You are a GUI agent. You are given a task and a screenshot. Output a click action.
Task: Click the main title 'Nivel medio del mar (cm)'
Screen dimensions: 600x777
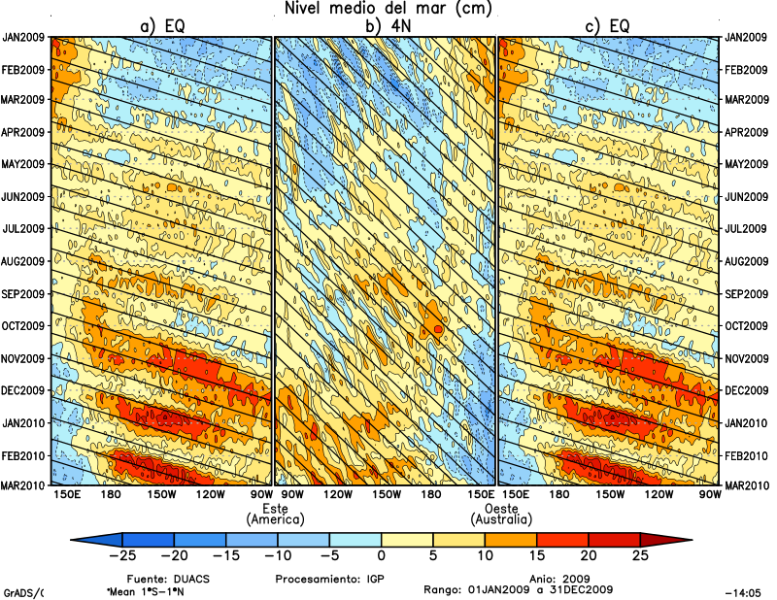coord(388,9)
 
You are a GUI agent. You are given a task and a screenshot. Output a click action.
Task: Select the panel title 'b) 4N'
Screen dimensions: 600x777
coord(386,27)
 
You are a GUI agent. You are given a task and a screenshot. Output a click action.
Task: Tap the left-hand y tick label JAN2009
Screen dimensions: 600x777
coord(24,37)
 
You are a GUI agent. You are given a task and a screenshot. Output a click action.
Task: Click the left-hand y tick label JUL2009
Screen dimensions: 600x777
coord(25,229)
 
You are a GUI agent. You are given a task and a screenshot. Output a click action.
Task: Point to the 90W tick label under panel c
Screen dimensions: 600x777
coord(709,496)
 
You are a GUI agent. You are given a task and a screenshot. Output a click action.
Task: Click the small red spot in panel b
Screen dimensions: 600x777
coord(438,330)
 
